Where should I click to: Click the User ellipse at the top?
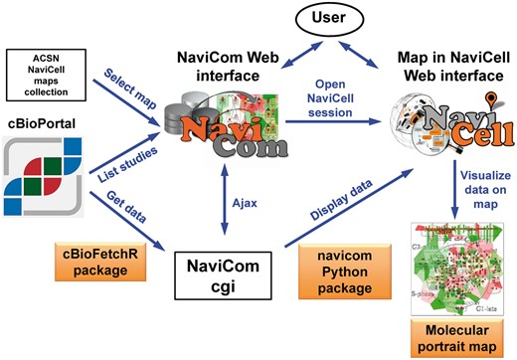pyautogui.click(x=310, y=18)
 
